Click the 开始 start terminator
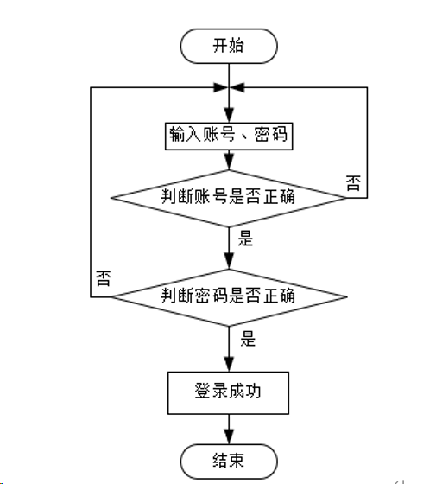click(x=229, y=47)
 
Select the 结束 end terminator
click(x=229, y=462)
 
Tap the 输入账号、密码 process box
click(x=229, y=137)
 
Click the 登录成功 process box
click(x=228, y=392)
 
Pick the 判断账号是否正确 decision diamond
click(x=229, y=198)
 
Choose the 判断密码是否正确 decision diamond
click(x=229, y=297)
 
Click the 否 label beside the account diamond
click(x=353, y=183)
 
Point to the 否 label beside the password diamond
click(x=104, y=278)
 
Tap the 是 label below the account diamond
click(x=245, y=239)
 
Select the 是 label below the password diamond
click(x=248, y=339)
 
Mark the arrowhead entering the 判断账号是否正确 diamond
click(x=229, y=162)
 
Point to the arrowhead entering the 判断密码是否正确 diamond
click(x=229, y=261)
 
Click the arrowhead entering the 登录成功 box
click(x=229, y=364)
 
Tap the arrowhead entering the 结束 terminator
click(x=229, y=437)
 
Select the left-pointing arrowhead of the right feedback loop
click(x=237, y=87)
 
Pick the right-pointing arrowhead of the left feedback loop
click(x=221, y=87)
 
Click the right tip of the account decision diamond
click(x=347, y=198)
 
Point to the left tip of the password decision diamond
click(x=111, y=297)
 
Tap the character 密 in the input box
click(x=262, y=135)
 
